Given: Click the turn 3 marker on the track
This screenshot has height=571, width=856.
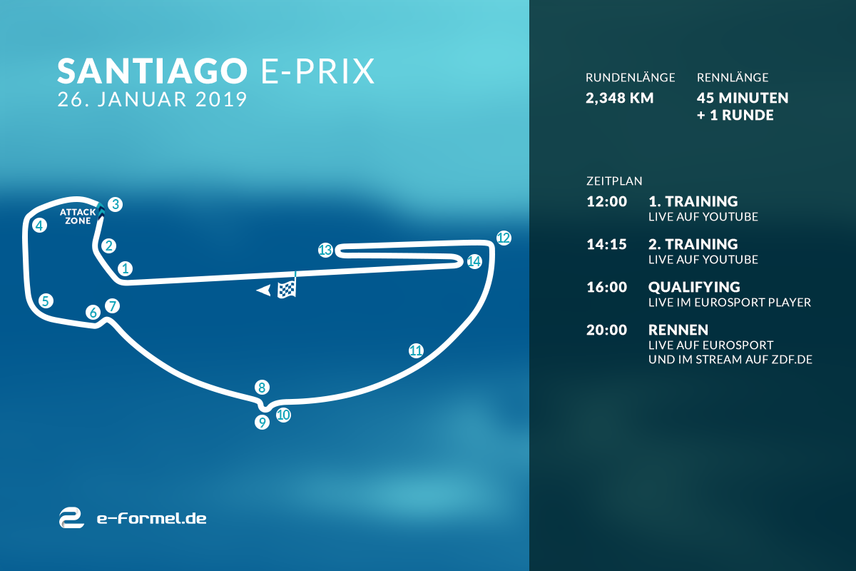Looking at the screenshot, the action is click(115, 204).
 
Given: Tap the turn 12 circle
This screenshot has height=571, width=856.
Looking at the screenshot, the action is click(504, 238).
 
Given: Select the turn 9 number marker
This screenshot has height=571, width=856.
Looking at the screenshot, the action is click(263, 423).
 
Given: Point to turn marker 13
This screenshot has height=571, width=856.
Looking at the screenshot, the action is click(325, 250).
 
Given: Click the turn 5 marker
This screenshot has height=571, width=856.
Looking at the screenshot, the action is click(46, 301).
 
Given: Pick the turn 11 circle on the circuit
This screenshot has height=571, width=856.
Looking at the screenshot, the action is click(416, 350).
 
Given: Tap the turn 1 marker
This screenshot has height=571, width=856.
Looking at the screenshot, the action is click(125, 268).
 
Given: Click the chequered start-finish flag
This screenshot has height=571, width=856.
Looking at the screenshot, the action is click(287, 285).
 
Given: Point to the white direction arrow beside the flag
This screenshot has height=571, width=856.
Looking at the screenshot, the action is click(264, 290).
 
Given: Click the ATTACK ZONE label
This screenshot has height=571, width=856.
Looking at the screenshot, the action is click(78, 216).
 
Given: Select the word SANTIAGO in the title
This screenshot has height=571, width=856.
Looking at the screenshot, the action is click(152, 71).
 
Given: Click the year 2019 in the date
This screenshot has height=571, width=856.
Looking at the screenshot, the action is click(221, 99).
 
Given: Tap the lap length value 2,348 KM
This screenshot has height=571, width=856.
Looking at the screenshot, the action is click(619, 98).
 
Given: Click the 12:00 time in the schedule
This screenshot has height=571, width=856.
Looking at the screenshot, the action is click(607, 201).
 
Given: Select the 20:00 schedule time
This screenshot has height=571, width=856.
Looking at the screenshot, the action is click(607, 330).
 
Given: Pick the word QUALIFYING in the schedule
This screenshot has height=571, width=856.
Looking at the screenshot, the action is click(694, 287).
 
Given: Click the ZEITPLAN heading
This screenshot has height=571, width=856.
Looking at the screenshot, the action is click(614, 181).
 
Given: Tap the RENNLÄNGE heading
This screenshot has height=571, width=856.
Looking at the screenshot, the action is click(733, 78).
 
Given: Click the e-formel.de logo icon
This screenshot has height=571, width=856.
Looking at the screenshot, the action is click(71, 518).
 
